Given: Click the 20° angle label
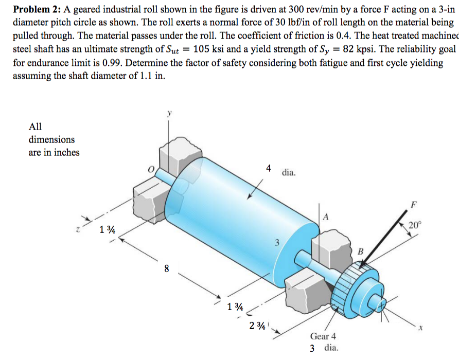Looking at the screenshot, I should tap(415, 225).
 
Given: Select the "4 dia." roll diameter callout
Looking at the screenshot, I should tap(280, 171).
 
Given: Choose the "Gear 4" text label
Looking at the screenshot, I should tap(323, 336).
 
